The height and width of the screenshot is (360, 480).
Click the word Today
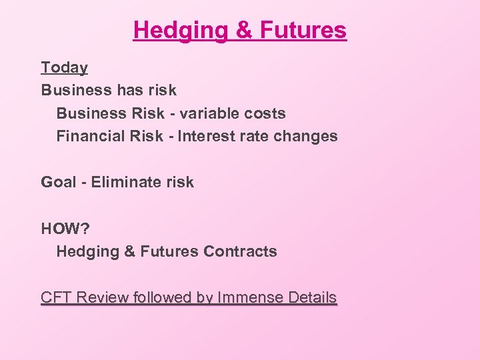(x=64, y=67)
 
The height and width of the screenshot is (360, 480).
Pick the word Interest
(x=207, y=136)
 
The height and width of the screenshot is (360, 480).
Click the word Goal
(x=59, y=182)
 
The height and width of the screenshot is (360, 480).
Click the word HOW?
(x=65, y=229)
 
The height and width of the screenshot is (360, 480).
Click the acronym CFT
(x=56, y=297)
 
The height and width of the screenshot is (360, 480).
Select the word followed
(x=162, y=297)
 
